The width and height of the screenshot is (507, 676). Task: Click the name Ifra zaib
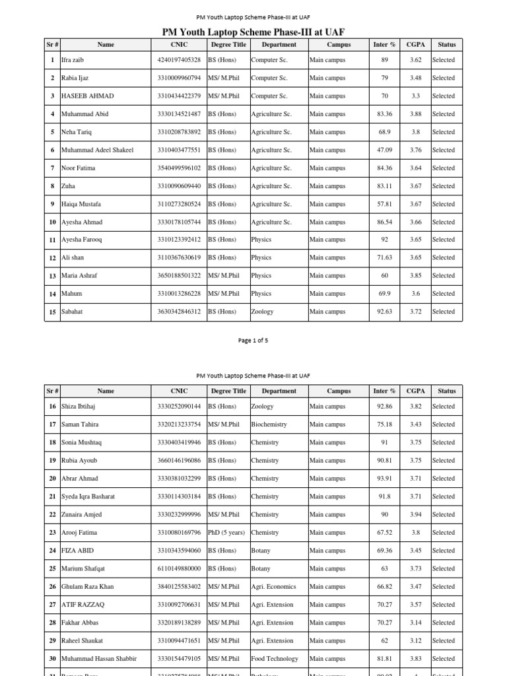73,60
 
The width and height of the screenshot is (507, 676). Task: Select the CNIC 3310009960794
179,78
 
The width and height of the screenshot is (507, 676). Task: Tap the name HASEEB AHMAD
87,96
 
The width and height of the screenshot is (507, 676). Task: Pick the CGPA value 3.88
415,114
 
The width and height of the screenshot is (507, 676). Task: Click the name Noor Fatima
78,168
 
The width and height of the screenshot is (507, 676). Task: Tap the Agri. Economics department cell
273,586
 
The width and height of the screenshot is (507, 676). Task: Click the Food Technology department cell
275,658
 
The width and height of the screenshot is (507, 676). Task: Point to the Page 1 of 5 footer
253,341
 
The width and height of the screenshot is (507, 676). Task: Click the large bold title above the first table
253,32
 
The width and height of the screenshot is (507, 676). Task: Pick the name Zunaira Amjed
81,514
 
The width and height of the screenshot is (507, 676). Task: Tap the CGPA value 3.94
415,514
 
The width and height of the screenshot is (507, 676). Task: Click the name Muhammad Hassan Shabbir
99,658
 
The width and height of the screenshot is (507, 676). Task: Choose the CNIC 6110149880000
179,568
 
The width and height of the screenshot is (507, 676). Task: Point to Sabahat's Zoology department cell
262,312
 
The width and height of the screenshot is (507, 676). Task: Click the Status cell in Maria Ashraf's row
444,275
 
